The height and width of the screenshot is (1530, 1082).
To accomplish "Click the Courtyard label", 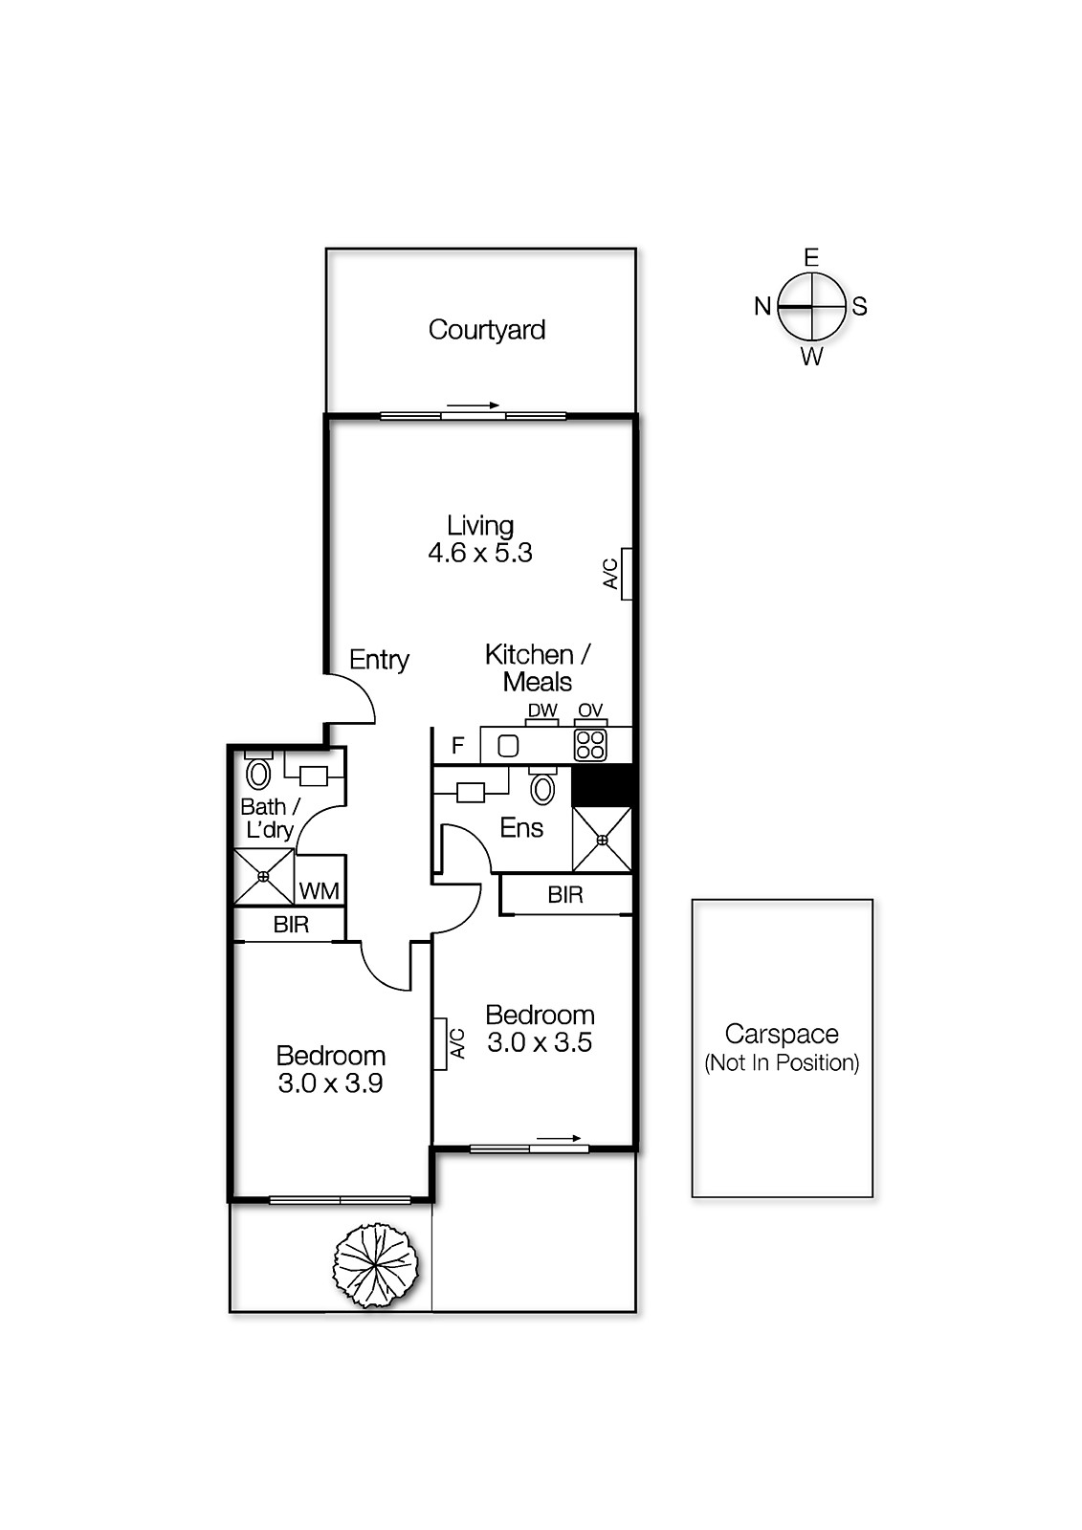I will tap(486, 330).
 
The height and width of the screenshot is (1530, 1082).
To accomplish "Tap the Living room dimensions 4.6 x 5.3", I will tap(479, 553).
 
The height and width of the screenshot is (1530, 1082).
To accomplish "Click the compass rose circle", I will tap(811, 307).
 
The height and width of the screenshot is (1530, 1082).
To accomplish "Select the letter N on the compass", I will tap(762, 307).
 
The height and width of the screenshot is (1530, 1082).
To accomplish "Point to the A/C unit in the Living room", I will tap(627, 573).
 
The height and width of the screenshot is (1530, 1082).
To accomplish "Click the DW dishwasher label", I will tap(542, 710).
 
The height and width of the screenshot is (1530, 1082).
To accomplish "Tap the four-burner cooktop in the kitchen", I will tap(590, 745).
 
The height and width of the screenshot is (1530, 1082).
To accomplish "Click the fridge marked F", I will tap(458, 746).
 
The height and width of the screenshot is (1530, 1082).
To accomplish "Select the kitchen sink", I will tap(508, 745).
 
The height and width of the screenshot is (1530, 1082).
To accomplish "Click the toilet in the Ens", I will tap(542, 789).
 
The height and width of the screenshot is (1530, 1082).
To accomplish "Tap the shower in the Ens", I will tap(602, 839).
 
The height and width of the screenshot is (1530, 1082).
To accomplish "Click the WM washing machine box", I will tap(319, 891).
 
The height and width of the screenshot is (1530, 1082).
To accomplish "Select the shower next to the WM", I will tap(263, 876).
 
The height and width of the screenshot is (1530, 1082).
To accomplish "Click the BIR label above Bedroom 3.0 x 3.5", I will tap(565, 895).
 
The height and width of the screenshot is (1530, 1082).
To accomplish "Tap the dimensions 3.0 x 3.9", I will tap(330, 1083).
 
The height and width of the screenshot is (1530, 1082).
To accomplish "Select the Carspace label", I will tap(782, 1034).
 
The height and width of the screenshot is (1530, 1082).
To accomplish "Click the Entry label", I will tap(379, 660).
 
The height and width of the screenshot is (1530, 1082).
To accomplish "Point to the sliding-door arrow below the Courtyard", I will tap(474, 405).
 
